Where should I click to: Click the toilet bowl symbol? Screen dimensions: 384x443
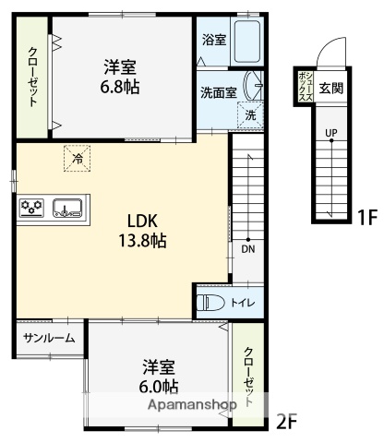(210, 303)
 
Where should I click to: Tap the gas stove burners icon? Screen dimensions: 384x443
(31, 208)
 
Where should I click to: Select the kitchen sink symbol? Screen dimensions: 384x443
(67, 208)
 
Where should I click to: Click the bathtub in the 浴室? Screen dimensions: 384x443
(247, 42)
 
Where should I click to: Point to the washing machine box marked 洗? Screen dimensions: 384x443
(250, 114)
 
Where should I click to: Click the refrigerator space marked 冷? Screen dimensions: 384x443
(78, 158)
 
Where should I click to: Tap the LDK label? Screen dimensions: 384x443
(142, 221)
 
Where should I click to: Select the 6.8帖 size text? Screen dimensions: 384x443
(120, 87)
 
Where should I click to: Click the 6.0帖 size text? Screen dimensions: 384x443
(159, 387)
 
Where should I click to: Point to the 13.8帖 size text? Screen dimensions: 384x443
(142, 241)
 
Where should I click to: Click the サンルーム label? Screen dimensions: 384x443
(49, 338)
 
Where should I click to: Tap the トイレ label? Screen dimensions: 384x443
(243, 303)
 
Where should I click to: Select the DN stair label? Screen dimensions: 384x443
(248, 249)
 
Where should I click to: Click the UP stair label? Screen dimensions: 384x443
(331, 133)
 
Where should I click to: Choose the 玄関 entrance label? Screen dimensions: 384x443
(330, 89)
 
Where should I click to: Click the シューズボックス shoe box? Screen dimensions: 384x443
(306, 87)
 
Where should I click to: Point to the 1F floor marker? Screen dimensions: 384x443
(367, 218)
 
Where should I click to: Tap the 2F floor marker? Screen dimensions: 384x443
(287, 422)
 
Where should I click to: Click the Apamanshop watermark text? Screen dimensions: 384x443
(193, 405)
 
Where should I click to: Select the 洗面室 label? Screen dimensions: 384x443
(219, 92)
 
